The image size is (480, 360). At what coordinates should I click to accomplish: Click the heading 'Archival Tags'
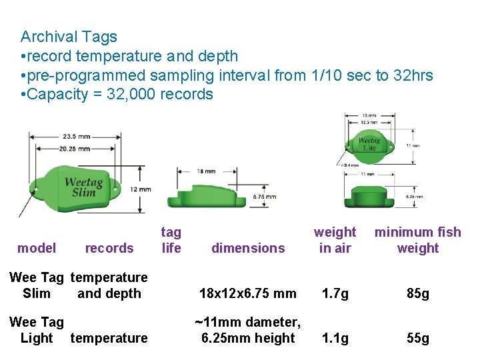point(69,37)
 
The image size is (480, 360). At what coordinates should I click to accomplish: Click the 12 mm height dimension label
point(141,189)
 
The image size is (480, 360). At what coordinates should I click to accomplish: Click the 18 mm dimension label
point(205,171)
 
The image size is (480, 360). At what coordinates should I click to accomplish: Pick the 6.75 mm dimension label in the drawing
point(265,197)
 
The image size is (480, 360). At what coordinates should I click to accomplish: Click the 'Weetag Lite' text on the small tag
point(369,144)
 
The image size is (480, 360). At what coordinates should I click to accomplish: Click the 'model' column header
point(37,248)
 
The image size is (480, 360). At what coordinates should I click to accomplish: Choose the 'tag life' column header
point(171,240)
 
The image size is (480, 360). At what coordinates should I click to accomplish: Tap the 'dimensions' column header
point(248,248)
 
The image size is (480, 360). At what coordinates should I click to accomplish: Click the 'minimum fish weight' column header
point(418,240)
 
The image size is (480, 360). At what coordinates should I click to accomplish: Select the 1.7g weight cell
point(335,293)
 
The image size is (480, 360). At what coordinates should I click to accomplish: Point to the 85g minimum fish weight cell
point(418,293)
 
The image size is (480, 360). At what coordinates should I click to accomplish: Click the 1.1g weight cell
point(335,338)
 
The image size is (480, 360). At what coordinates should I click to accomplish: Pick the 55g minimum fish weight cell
point(418,338)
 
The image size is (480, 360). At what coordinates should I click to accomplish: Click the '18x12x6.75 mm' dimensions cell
point(247,293)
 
